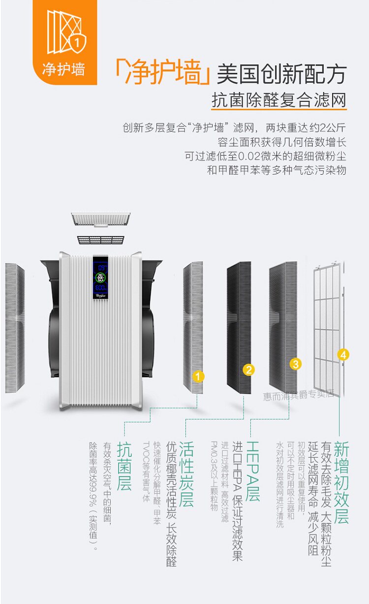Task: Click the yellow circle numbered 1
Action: [198, 377]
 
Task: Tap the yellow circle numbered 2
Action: [249, 370]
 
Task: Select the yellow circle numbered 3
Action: [295, 364]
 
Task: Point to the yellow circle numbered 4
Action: [343, 354]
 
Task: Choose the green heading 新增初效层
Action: [341, 482]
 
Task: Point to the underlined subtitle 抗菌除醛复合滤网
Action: [278, 100]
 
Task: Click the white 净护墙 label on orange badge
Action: [63, 69]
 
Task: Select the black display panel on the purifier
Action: [101, 279]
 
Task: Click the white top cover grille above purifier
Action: [101, 219]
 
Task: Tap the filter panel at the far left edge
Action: [15, 327]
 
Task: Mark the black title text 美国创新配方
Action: [281, 74]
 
